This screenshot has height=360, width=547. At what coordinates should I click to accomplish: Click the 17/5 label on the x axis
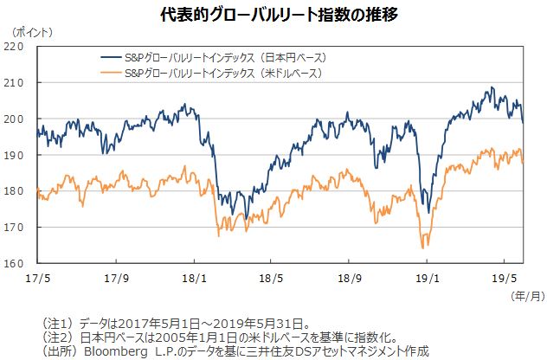[37, 279]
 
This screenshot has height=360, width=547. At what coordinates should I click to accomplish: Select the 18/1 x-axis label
[196, 279]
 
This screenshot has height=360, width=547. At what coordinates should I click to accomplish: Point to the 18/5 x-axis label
[271, 279]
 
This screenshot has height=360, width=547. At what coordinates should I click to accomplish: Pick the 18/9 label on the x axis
[350, 279]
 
